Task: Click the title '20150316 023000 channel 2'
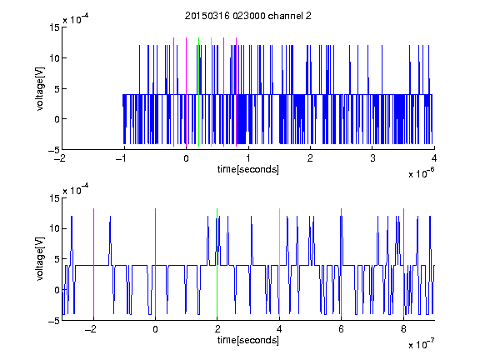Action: click(x=248, y=16)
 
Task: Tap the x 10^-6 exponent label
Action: click(x=422, y=173)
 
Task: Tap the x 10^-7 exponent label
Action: click(x=422, y=344)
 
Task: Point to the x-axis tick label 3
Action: click(x=372, y=158)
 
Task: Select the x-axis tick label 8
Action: click(x=403, y=329)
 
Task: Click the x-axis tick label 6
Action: click(x=342, y=329)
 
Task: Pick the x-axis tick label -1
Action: click(x=122, y=158)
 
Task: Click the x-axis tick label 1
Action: click(x=248, y=158)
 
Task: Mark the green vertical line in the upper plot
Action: click(x=198, y=92)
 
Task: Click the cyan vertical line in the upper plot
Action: click(x=211, y=92)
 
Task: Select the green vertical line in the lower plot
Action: click(x=217, y=262)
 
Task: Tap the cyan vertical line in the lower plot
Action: click(x=279, y=262)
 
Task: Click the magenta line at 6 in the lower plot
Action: click(x=342, y=262)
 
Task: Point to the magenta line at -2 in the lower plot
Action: click(x=93, y=262)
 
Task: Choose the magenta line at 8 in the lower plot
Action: click(x=404, y=262)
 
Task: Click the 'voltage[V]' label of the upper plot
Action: click(x=40, y=89)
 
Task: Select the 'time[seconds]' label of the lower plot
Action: click(x=248, y=340)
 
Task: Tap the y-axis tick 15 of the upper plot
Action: click(x=54, y=27)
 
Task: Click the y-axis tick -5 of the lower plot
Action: click(x=54, y=321)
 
